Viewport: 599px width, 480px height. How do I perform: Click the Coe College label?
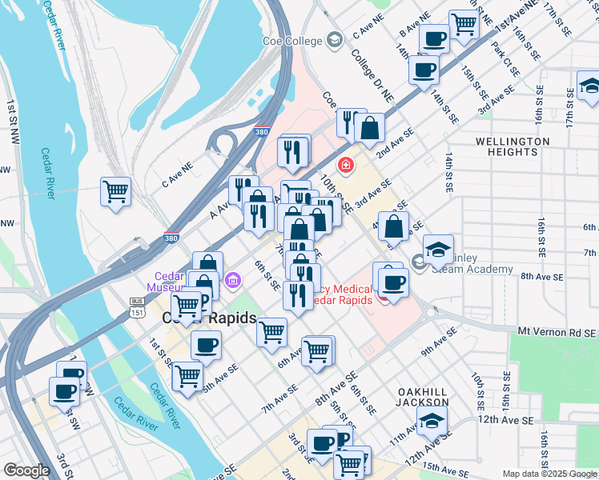pos(292,42)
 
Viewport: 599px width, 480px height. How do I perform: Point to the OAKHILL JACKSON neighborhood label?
pos(423,396)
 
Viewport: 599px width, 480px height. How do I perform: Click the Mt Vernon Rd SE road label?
pos(557,331)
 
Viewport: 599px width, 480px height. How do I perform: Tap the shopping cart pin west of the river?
pos(115,191)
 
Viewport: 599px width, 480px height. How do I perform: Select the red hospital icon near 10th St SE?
pos(346,166)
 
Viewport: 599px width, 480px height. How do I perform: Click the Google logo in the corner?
pos(26,470)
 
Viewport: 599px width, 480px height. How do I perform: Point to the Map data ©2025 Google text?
pos(549,474)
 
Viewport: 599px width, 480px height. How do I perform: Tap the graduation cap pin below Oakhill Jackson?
pos(431,420)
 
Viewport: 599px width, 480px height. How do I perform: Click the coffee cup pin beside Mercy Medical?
pos(393,282)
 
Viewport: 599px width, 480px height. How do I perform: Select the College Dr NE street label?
pos(372,77)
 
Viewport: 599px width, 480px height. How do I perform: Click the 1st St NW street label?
pos(14,119)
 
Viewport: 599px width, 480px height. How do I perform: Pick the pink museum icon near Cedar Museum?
pos(233,280)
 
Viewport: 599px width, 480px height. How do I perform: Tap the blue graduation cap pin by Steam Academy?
pos(438,250)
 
